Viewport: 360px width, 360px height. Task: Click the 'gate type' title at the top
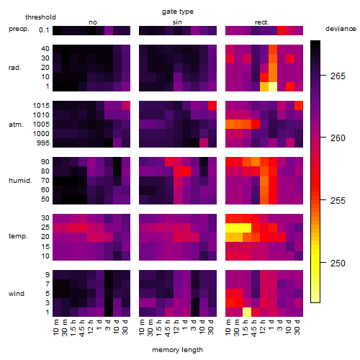point(178,12)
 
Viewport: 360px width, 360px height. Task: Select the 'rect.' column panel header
point(261,22)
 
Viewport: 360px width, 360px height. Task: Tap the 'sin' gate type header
point(177,22)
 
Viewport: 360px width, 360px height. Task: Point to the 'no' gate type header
point(93,22)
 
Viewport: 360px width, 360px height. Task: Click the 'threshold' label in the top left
point(40,17)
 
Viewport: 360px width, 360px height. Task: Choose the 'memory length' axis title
point(177,350)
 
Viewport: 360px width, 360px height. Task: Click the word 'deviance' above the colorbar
point(341,29)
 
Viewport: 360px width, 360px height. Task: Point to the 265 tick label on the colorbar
point(338,76)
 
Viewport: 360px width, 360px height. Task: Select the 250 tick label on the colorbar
point(338,264)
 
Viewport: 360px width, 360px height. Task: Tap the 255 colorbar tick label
point(338,201)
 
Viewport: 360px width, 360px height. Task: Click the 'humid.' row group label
point(20,181)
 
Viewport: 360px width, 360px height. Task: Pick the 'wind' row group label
point(17,294)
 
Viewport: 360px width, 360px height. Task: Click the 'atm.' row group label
point(16,125)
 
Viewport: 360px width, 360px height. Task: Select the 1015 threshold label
point(41,106)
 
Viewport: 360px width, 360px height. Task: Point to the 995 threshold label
point(43,143)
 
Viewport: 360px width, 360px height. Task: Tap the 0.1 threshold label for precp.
point(44,30)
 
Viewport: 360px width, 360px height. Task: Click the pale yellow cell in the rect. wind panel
point(247,312)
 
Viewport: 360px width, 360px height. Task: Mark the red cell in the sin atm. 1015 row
point(212,106)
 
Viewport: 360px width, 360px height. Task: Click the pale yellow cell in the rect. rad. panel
point(273,86)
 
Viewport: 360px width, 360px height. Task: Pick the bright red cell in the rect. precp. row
point(282,30)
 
